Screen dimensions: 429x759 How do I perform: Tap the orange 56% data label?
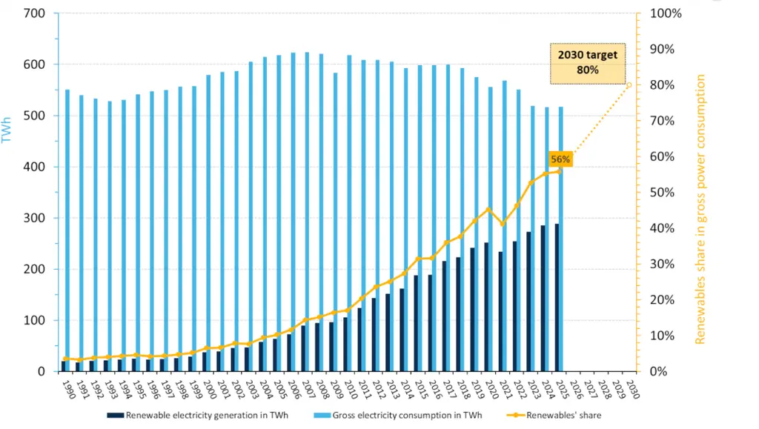click(x=560, y=159)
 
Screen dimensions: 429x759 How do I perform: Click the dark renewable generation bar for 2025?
click(x=557, y=296)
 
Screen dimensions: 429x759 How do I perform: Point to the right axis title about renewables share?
click(x=700, y=209)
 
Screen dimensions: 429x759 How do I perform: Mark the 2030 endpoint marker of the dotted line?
click(x=630, y=84)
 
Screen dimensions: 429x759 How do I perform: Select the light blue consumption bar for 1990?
click(x=67, y=222)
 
